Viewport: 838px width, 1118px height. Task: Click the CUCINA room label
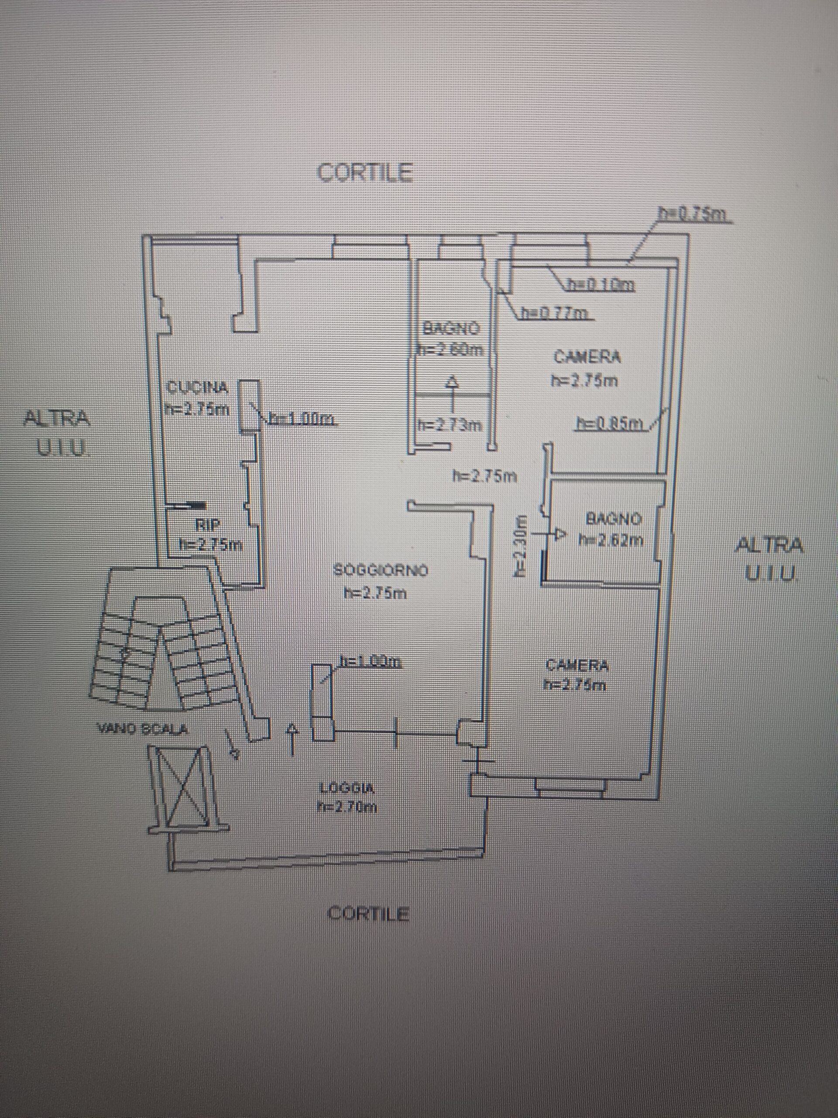pos(198,388)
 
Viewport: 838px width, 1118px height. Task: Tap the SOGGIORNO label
pos(381,571)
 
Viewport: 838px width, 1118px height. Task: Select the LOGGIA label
pos(347,787)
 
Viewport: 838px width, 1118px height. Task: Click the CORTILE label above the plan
pos(364,173)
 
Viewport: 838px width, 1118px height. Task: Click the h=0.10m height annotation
pos(601,286)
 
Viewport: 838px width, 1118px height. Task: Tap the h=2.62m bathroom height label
pos(612,540)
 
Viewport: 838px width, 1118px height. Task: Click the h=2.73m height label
pos(449,425)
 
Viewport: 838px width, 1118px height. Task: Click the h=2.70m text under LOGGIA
pos(347,807)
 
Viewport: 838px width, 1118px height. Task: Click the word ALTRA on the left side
pos(58,418)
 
